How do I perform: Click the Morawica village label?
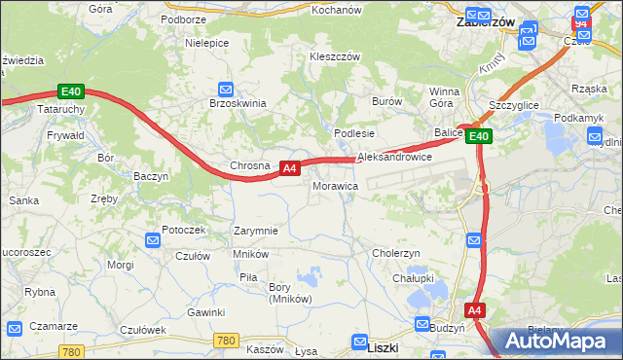(336, 185)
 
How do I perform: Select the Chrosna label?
(249, 166)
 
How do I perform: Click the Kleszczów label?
(335, 56)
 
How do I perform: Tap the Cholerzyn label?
(396, 253)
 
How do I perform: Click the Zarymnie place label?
(256, 232)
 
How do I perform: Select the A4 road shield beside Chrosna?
(289, 169)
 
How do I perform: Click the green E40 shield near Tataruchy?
(71, 92)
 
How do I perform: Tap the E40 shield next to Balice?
(477, 137)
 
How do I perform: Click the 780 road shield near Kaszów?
(226, 340)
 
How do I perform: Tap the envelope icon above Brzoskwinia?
(225, 89)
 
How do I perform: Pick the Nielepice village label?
(207, 44)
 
